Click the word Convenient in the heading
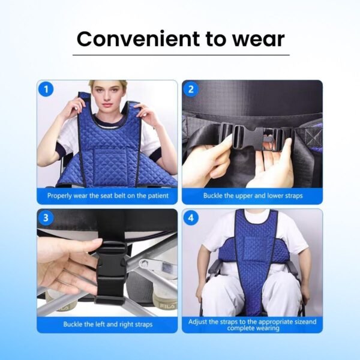click(138, 39)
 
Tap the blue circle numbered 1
click(46, 89)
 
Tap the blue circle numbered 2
click(191, 89)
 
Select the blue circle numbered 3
click(46, 217)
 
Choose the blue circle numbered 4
click(191, 217)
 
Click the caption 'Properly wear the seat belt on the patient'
click(108, 196)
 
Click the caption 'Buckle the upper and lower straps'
click(253, 196)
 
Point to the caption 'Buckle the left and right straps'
click(108, 324)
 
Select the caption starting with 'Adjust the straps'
click(253, 325)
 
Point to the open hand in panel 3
click(69, 266)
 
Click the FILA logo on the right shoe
click(168, 306)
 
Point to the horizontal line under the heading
click(181, 55)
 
